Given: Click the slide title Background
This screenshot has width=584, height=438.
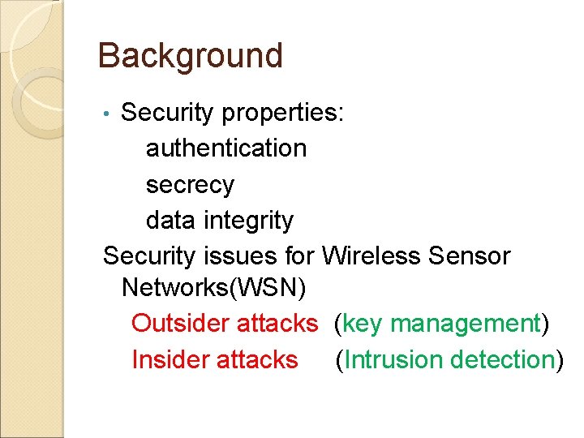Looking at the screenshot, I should tap(190, 56).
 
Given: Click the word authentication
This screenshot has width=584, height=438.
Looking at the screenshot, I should tap(226, 148).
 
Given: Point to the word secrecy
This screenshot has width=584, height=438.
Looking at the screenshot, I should tap(190, 184).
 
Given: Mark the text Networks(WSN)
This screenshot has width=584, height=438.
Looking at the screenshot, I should tap(214, 288).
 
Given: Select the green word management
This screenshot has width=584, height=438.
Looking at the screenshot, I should tap(466, 324).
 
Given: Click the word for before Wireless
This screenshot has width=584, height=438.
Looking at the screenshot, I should tap(302, 255).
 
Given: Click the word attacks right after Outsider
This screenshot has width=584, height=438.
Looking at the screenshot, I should tap(277, 324).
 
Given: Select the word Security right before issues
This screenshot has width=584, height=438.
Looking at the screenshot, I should tap(150, 255).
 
